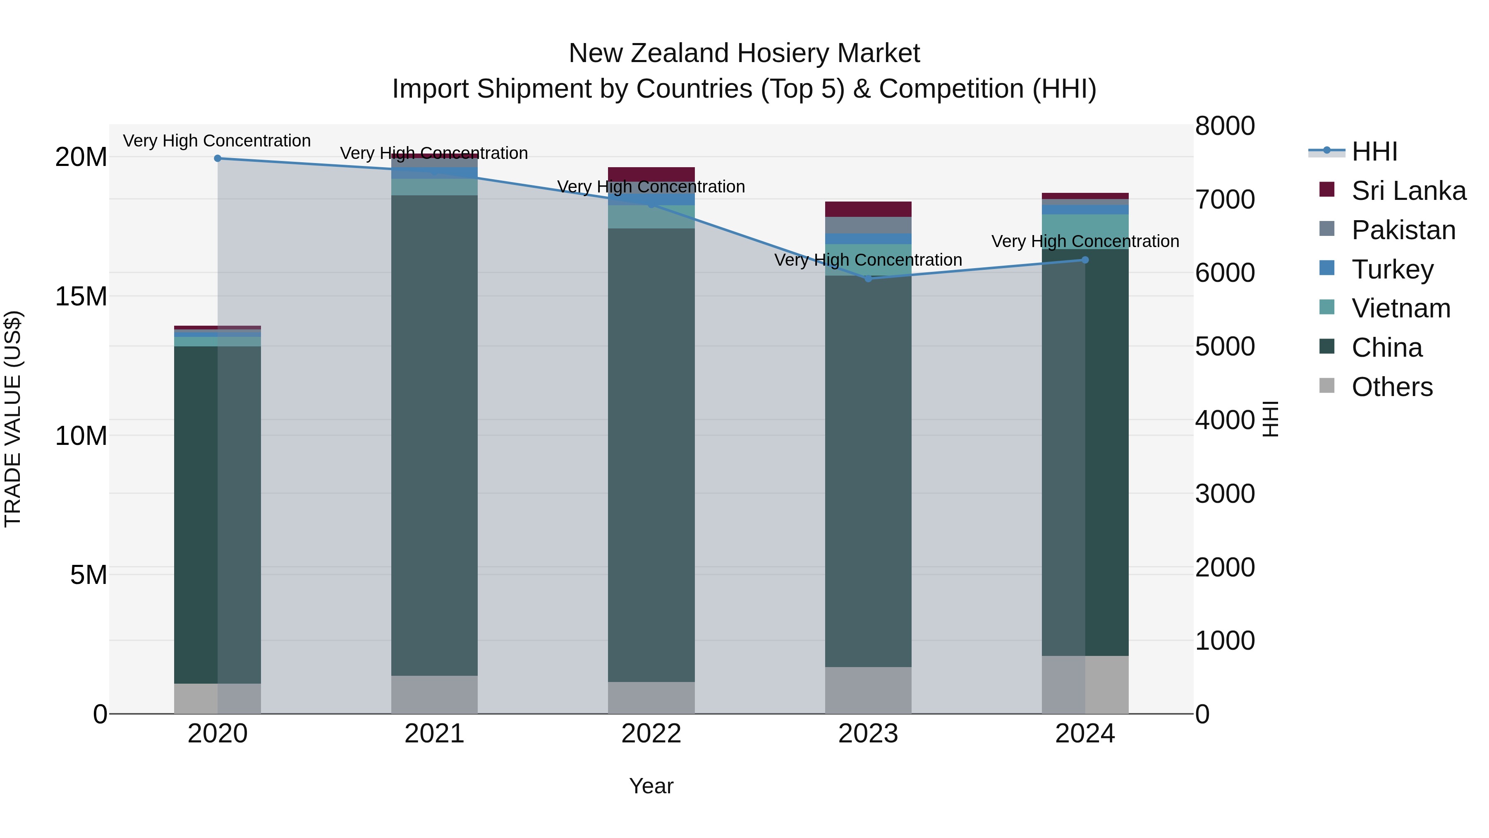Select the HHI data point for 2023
868,279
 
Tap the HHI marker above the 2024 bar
1085,260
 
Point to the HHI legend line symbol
1326,151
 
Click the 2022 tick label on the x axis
651,734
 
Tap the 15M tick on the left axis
81,296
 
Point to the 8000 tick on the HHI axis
1225,126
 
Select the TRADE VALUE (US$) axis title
13,419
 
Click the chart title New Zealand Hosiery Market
744,53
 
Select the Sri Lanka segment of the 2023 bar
868,209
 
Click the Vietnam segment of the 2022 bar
651,217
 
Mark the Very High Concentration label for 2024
1085,241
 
